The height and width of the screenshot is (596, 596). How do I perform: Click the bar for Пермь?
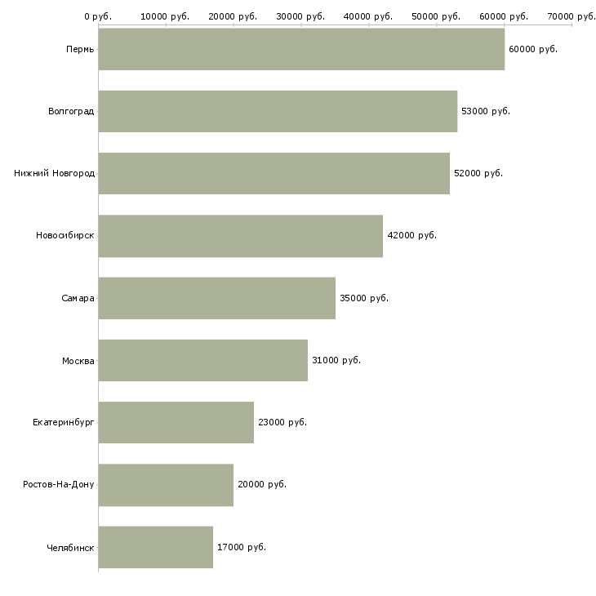301,49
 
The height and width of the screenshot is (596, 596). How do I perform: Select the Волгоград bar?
278,111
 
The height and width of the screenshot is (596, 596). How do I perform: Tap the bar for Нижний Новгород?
274,173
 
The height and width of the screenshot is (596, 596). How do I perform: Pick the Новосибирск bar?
240,235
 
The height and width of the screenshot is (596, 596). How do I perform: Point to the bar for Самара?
216,298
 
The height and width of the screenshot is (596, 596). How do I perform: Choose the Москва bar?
202,360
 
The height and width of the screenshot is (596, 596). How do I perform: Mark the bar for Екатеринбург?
176,422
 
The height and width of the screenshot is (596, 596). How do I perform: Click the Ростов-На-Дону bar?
166,484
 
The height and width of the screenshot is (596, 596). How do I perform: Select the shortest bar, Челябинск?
155,547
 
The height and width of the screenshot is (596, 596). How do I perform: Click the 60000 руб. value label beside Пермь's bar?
533,49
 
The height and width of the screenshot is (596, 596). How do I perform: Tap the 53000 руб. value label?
486,111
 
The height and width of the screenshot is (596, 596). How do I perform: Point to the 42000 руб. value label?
412,235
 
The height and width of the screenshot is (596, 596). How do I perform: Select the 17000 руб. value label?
242,547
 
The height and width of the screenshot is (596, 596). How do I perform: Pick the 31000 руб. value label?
336,360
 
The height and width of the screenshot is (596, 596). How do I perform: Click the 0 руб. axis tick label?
98,16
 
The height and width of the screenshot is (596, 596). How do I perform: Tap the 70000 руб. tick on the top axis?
572,16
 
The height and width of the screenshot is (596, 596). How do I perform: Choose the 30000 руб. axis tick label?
301,16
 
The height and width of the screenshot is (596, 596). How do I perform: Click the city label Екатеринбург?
64,422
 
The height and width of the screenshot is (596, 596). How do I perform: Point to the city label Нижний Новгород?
54,173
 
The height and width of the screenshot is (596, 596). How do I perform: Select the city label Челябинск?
70,547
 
